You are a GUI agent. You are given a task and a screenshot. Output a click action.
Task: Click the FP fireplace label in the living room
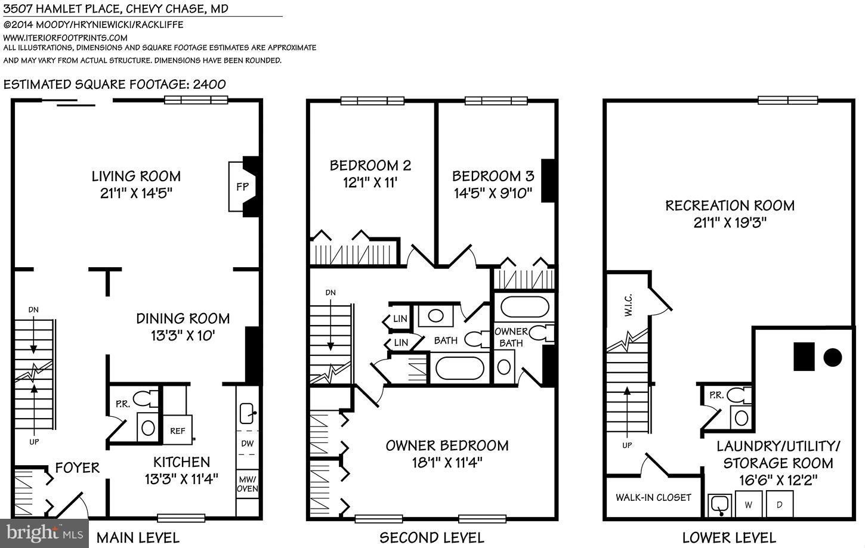(242, 187)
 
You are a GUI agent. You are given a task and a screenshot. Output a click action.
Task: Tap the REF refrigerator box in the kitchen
(177, 431)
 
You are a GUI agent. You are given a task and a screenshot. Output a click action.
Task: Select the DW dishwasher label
(248, 444)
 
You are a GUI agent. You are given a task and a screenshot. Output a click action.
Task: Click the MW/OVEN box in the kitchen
(248, 484)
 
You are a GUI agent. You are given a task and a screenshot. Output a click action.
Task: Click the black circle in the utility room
(832, 358)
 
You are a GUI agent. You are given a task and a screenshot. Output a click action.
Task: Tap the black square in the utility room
(803, 357)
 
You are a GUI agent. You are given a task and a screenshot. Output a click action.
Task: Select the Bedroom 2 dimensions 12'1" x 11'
(370, 182)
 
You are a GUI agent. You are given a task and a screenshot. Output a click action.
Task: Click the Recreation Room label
(730, 206)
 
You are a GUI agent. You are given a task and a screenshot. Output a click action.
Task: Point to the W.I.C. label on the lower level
(629, 306)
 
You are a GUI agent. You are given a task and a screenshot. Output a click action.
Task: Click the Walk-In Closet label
(653, 497)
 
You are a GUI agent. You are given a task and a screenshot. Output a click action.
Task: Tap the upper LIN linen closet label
(400, 319)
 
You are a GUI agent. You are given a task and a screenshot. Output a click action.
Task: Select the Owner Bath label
(511, 337)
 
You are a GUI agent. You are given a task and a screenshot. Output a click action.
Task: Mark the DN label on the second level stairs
(330, 293)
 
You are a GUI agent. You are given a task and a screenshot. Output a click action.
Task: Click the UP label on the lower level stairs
(626, 445)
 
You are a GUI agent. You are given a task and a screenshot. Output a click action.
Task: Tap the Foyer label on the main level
(77, 467)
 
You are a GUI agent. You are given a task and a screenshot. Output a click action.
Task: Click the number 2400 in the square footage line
(209, 84)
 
